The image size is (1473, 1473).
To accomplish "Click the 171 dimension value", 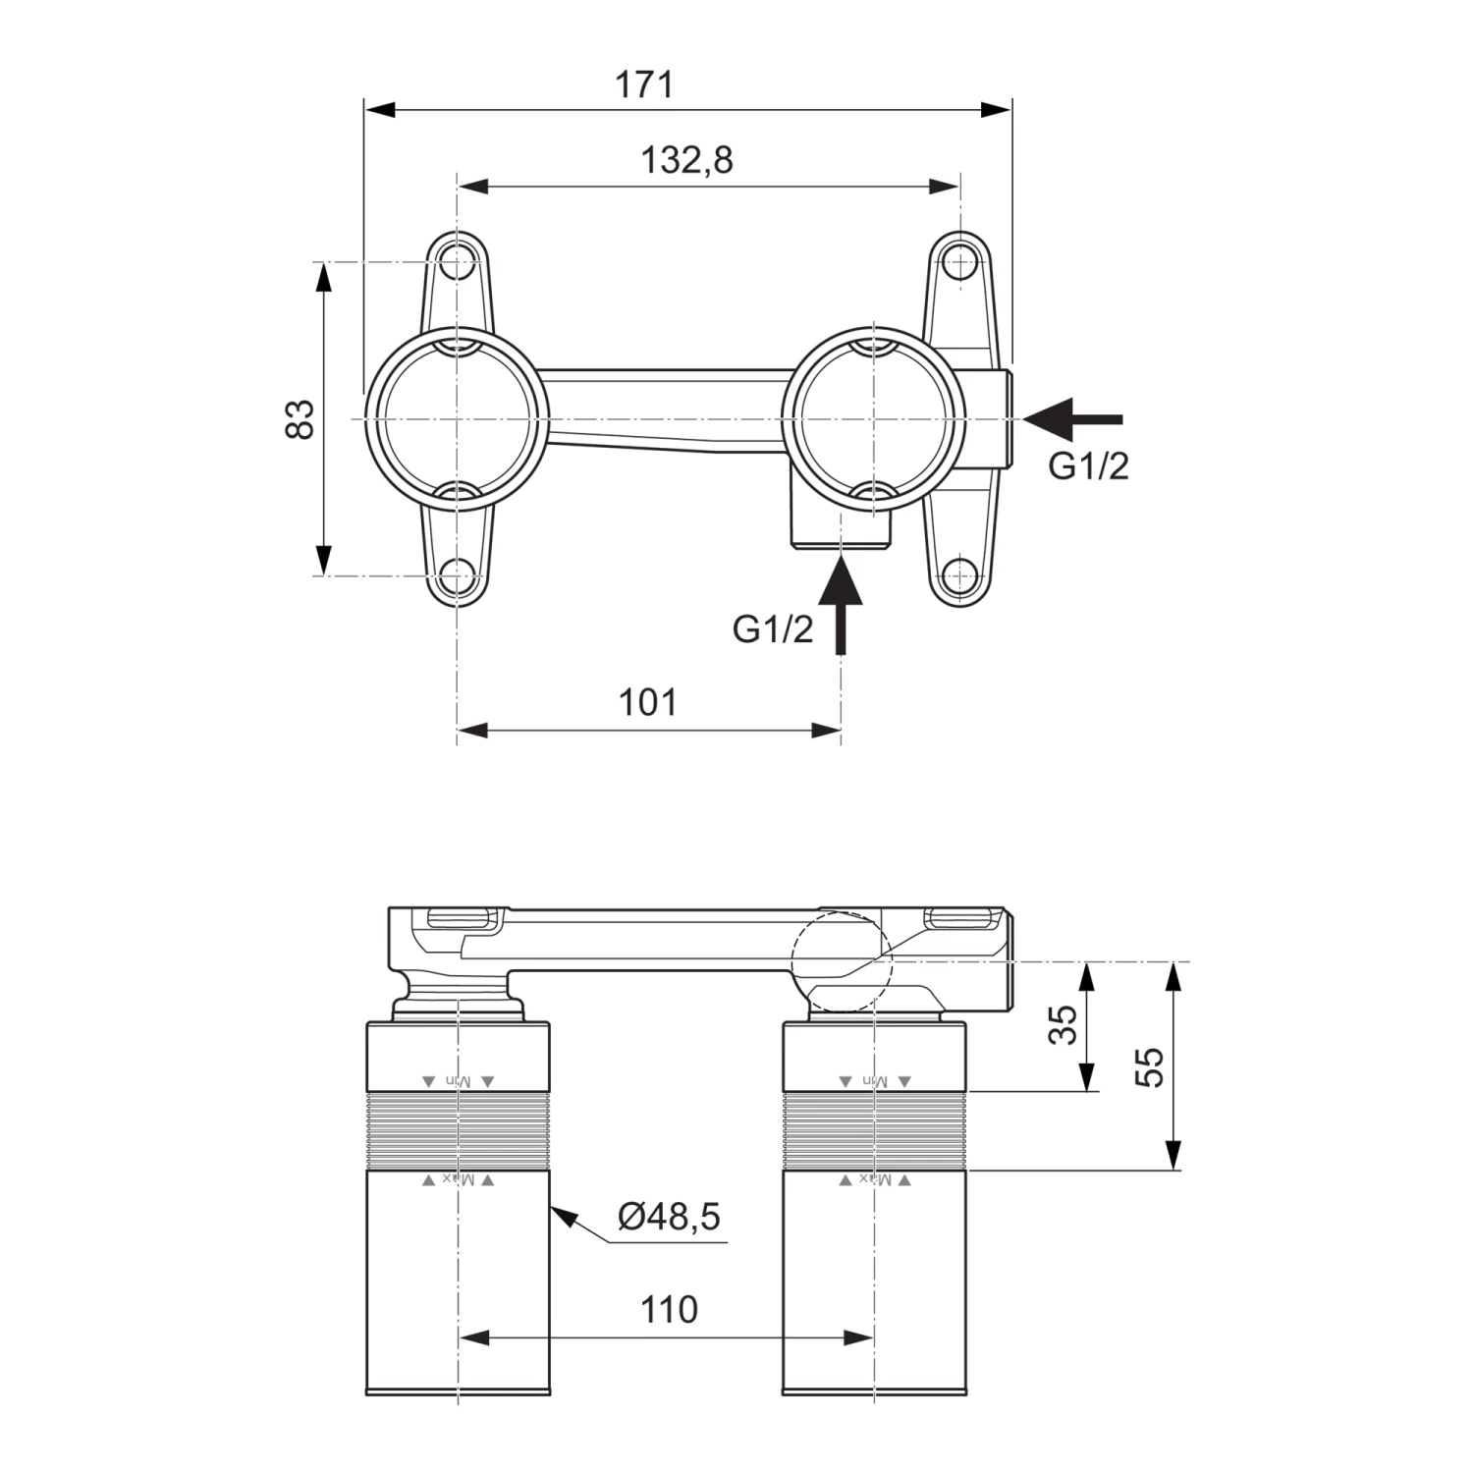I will point(644,84).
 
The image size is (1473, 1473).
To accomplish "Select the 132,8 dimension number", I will point(686,159).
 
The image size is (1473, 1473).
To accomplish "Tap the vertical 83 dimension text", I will point(302,418).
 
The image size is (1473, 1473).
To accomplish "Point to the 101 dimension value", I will point(647,703).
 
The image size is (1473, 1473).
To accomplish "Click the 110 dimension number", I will point(669,1309).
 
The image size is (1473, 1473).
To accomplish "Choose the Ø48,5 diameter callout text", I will point(669,1218).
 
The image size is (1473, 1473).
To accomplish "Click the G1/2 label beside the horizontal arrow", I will point(1088,466).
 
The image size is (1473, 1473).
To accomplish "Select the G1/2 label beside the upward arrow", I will point(773,629).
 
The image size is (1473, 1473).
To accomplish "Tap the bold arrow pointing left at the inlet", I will point(1072,418).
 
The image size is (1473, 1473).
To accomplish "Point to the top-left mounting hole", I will point(457,261).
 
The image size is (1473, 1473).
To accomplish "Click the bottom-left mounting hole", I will point(457,575).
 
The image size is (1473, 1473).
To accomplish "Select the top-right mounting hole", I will point(959,261).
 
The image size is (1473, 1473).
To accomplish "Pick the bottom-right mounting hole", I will point(959,575).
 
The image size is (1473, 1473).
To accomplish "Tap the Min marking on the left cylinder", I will point(459,1081).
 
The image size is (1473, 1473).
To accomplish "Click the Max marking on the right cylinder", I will point(875,1179).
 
